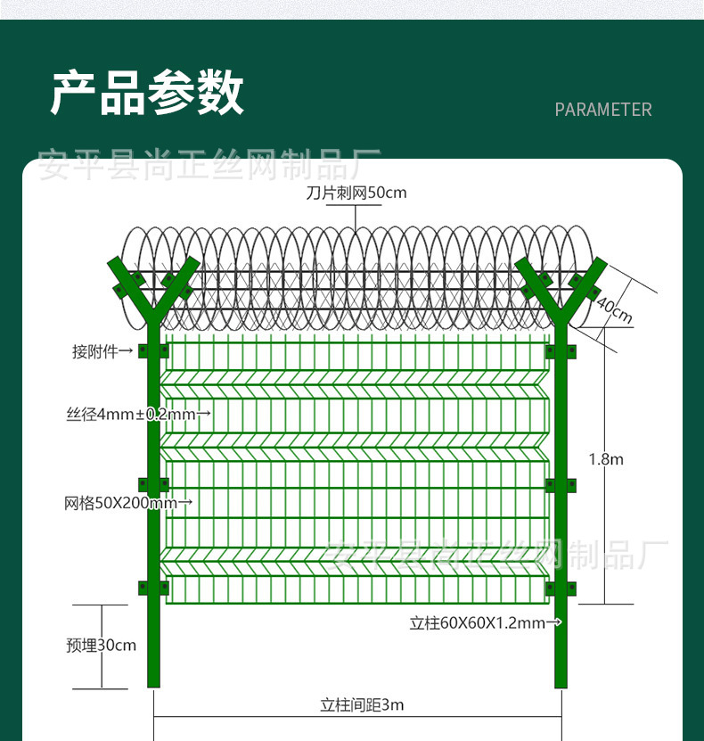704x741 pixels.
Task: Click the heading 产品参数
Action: (x=147, y=92)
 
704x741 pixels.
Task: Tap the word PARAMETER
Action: (x=603, y=110)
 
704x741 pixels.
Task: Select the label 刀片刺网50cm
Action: (x=356, y=193)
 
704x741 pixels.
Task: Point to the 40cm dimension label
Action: (x=614, y=310)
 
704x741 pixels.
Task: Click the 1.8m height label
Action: (x=606, y=459)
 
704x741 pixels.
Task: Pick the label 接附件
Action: (x=94, y=351)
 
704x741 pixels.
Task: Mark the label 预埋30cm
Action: (x=101, y=645)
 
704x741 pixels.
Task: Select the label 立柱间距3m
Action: (x=362, y=705)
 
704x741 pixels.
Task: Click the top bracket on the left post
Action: (x=153, y=351)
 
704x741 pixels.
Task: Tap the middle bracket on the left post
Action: (x=153, y=485)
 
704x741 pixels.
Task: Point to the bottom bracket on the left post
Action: (x=153, y=588)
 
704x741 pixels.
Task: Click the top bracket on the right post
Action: (x=561, y=351)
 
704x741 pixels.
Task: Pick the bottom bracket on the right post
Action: (x=561, y=589)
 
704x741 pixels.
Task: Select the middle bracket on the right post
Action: (x=561, y=485)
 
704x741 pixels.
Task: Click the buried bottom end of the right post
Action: (x=561, y=684)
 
